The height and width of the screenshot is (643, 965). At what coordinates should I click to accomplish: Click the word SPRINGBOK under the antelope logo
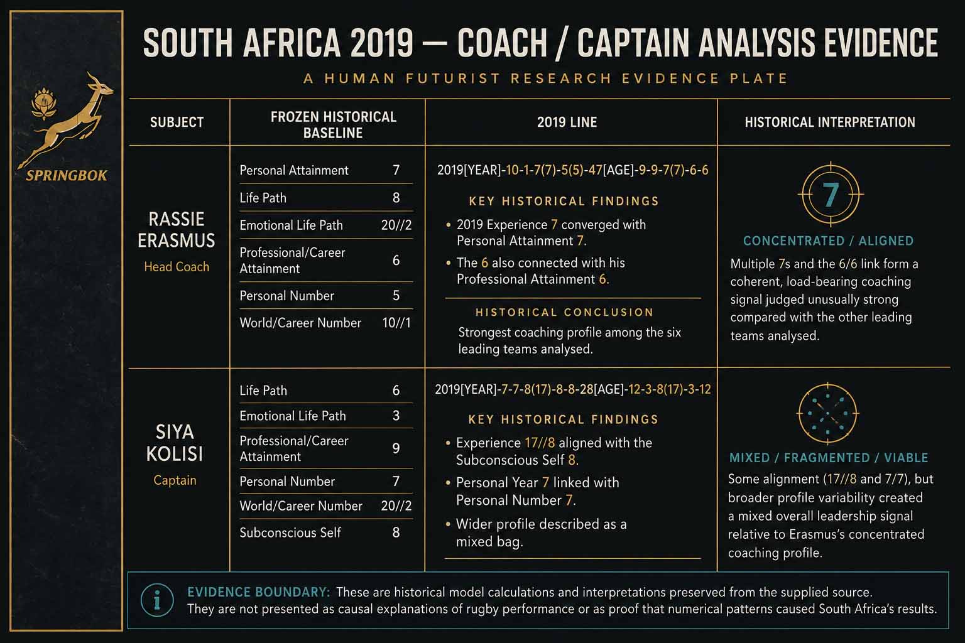[67, 175]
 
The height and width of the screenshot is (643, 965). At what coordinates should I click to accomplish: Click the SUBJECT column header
[177, 122]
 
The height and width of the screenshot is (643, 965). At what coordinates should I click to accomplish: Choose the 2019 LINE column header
[567, 122]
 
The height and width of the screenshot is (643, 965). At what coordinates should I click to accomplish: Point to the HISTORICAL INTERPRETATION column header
[830, 122]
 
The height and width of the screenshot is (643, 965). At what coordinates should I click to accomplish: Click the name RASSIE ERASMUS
[176, 230]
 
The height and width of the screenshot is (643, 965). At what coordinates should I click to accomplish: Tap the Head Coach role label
[177, 267]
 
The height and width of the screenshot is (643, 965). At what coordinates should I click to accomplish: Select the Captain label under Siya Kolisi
[175, 480]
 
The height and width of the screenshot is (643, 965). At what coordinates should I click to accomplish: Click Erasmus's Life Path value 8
[396, 198]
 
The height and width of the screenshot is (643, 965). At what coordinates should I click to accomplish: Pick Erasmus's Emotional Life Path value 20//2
[396, 225]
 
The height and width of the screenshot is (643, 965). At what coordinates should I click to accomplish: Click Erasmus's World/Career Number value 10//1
[396, 323]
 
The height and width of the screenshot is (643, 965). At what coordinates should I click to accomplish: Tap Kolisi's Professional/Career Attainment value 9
[396, 448]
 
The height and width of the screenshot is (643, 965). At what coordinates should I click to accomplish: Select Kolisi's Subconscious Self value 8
[396, 532]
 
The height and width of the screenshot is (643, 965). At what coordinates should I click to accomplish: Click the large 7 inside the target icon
[831, 195]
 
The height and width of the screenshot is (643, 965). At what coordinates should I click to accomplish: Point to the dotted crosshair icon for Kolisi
[827, 413]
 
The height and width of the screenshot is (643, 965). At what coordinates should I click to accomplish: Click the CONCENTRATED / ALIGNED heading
[828, 240]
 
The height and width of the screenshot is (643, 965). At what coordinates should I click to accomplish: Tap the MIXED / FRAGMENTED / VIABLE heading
[829, 458]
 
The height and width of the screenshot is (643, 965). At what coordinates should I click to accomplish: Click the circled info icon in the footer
[157, 600]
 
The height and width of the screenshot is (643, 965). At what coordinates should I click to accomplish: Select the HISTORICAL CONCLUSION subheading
[564, 312]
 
